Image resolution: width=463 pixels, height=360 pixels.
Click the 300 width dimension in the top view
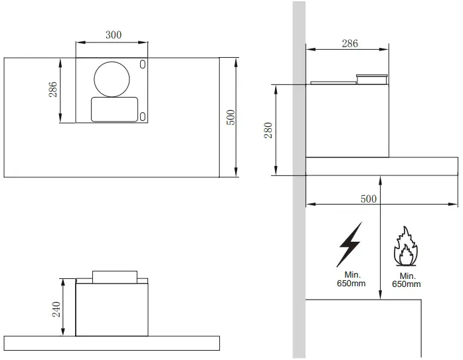coord(114,35)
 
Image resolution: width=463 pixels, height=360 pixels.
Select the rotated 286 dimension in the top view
coord(53,90)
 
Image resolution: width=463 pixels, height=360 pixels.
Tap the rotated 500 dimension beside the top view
coord(231,118)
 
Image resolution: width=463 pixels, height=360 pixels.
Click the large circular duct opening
coord(112,78)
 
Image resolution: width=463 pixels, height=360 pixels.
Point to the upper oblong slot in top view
coord(143,64)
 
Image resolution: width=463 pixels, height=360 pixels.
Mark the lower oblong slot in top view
coord(143,117)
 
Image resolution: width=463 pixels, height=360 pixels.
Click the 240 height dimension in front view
coord(56,308)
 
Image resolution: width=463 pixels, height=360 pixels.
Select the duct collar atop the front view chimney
coord(114,275)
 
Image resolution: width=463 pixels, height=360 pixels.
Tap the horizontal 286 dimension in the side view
coord(349,44)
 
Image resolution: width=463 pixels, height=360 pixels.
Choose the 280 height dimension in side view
coord(268,130)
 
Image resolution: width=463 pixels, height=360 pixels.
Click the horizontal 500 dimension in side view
coord(367,198)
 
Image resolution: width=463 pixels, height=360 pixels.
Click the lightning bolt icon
coord(349,244)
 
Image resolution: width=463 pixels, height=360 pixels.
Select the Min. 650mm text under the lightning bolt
coord(350,278)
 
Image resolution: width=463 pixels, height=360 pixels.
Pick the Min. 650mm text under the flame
coord(406,280)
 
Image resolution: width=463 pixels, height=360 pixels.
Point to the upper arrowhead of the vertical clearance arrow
coord(379,180)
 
